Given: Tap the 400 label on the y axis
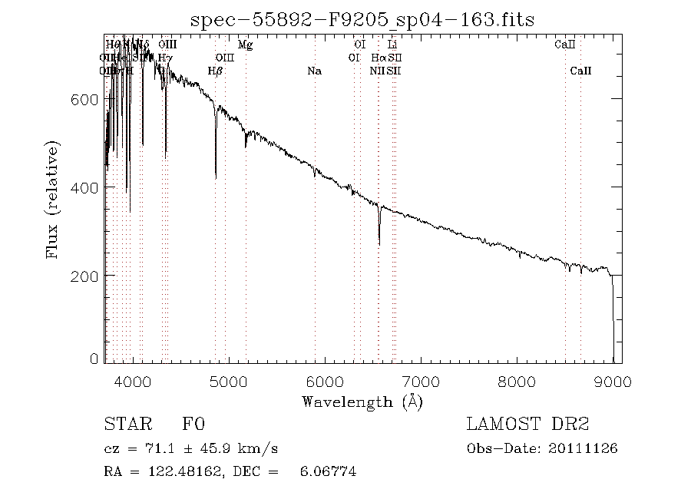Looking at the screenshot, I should tap(86, 187).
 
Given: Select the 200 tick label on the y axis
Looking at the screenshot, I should tap(86, 275).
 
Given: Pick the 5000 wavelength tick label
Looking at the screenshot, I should tap(229, 382).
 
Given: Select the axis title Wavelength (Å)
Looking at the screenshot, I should tap(362, 402).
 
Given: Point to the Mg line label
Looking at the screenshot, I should tap(245, 45).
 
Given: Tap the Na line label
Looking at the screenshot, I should tap(314, 71).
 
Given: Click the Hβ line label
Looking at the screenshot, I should tap(215, 71).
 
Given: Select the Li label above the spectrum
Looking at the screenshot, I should tap(392, 45).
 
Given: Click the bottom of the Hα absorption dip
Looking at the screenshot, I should tap(379, 244).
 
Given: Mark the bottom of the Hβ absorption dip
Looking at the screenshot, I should tap(216, 178).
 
